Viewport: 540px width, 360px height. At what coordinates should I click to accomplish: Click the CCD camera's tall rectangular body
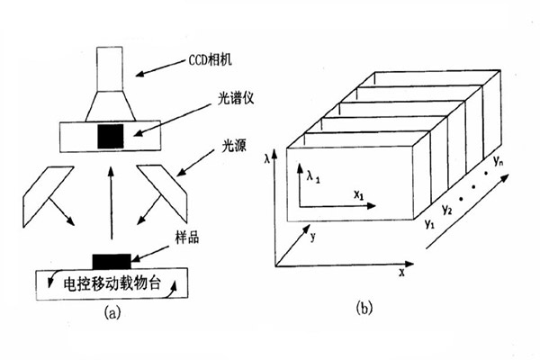111,68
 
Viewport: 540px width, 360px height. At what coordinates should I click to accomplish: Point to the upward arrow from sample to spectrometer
111,207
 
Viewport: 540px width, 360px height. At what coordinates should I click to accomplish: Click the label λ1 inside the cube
312,179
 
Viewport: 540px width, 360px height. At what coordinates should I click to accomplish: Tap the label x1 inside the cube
357,193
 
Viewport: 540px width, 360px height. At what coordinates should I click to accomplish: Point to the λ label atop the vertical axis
268,157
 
